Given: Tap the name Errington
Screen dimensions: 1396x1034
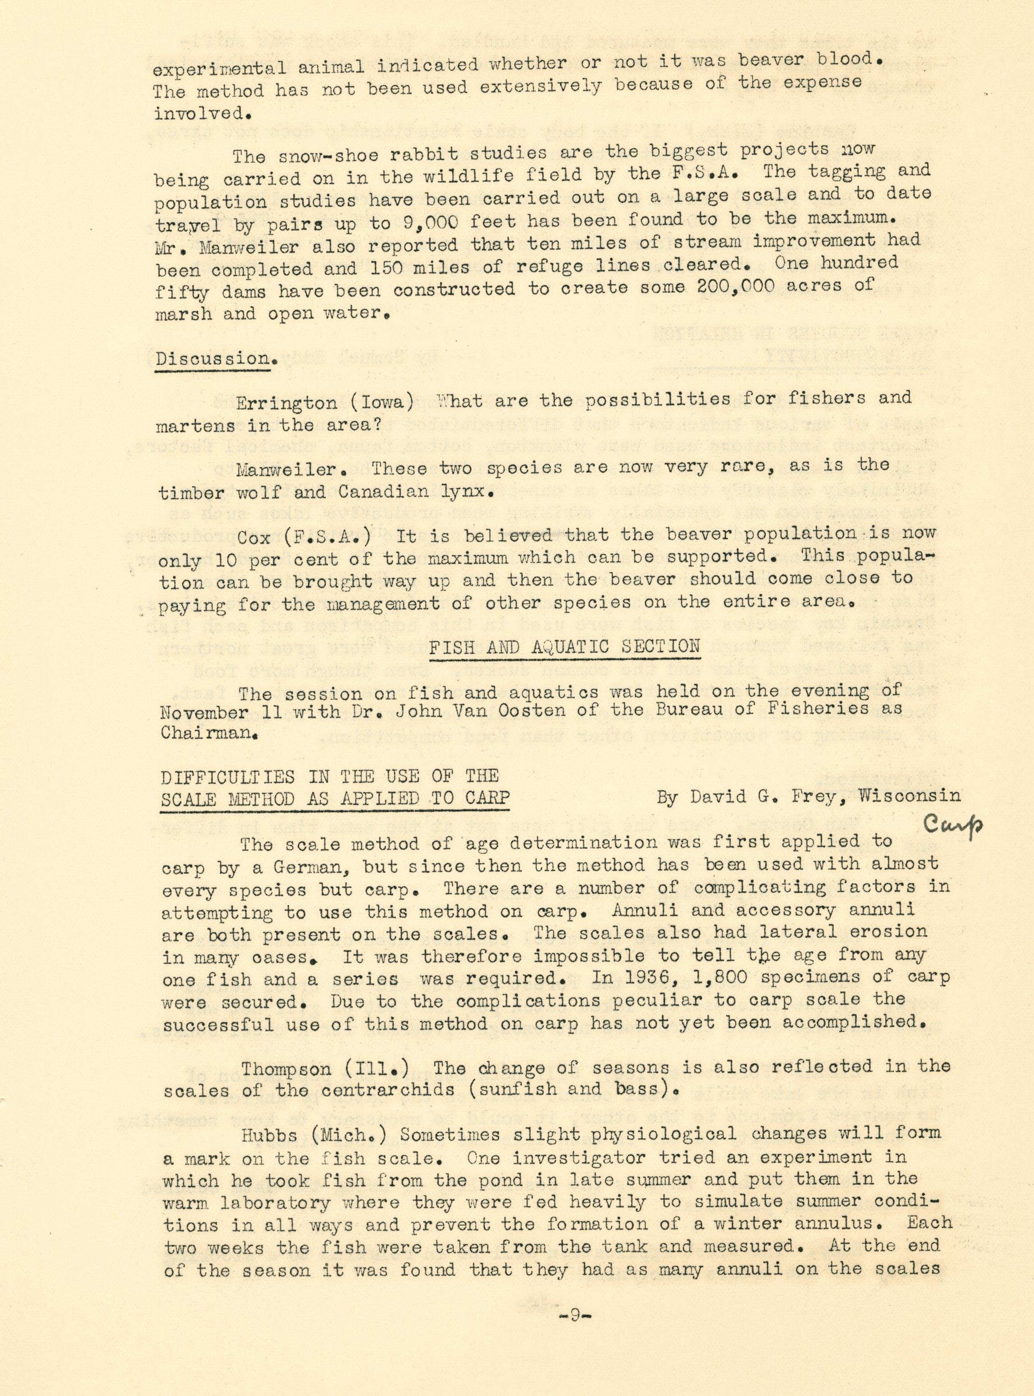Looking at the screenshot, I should point(288,402).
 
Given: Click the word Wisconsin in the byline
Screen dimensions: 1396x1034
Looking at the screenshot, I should point(909,796).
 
